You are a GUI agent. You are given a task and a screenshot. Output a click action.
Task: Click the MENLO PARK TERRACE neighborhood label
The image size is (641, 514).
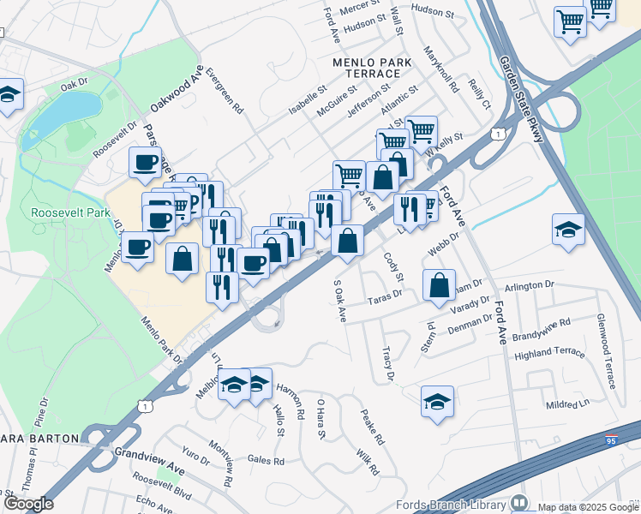tap(373, 69)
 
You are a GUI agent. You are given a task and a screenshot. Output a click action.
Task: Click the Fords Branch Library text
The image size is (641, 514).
tap(452, 505)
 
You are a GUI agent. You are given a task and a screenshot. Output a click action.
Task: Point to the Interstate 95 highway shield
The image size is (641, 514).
tap(611, 441)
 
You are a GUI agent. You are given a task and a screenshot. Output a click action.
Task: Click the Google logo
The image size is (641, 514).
tap(27, 504)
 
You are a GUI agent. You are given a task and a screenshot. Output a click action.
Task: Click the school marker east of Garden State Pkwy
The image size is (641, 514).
tap(568, 230)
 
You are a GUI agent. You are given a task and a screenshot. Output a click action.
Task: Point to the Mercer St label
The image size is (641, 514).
tap(359, 8)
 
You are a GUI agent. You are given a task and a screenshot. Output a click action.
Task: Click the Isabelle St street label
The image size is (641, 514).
tap(308, 100)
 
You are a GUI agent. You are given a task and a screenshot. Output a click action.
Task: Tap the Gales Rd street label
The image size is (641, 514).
tap(267, 460)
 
